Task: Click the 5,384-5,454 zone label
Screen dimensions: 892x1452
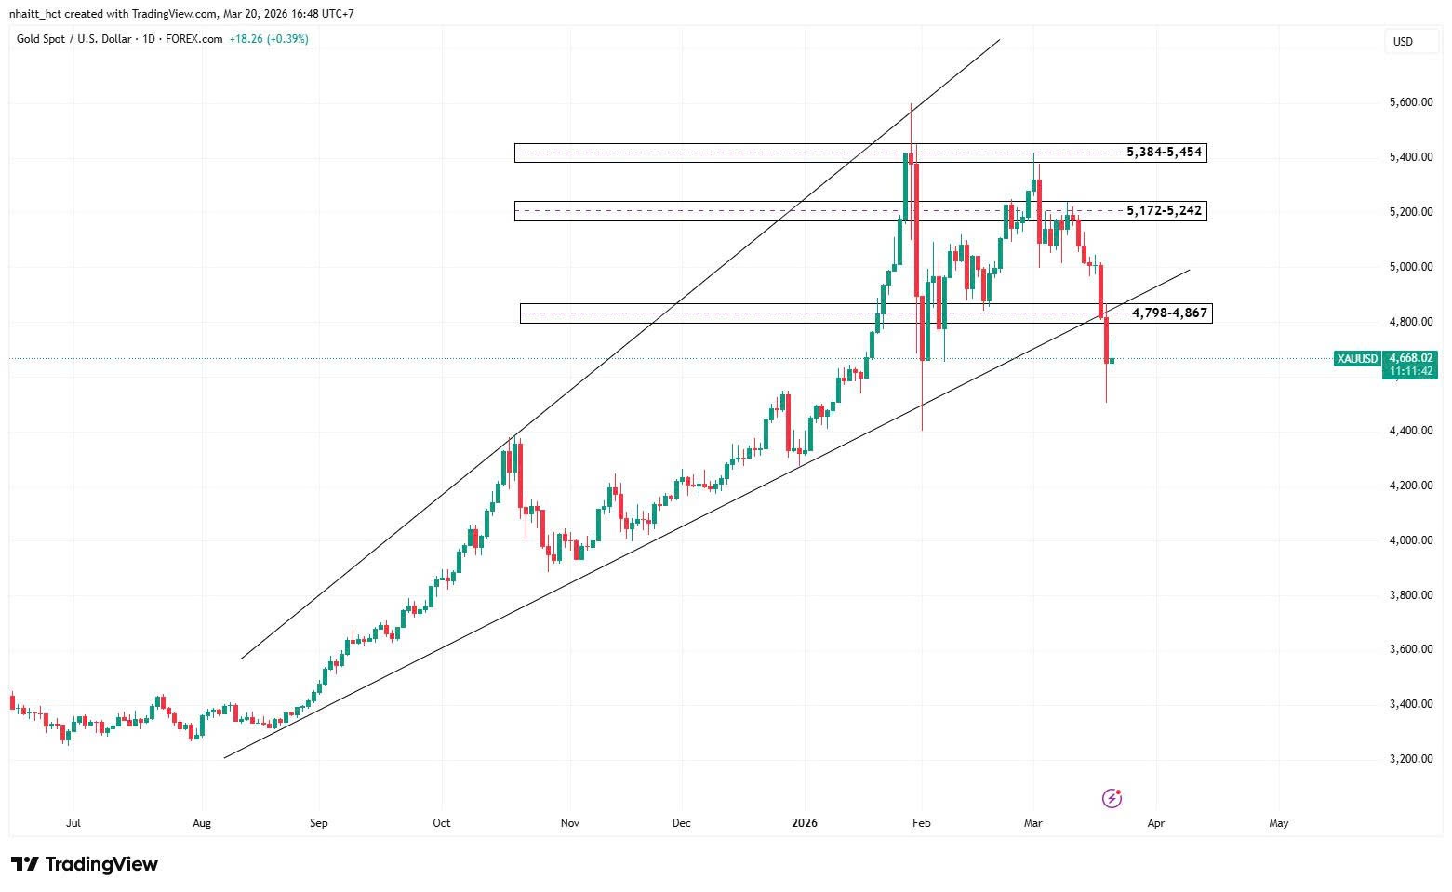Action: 1164,152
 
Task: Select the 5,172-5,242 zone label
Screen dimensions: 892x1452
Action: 1164,211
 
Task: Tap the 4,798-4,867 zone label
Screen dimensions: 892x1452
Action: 1169,313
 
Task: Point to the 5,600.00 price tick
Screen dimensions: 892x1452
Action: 1409,102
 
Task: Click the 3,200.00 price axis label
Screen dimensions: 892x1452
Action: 1409,759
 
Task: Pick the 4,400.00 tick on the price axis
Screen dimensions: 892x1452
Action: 1409,431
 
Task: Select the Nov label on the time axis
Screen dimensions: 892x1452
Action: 570,823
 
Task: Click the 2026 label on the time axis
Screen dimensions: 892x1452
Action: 804,823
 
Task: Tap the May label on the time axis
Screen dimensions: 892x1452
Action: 1279,823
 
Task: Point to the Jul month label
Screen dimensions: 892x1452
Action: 73,823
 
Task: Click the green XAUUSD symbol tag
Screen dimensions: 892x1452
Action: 1357,358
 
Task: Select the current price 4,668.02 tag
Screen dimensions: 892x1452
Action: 1410,357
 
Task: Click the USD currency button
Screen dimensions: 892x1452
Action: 1402,42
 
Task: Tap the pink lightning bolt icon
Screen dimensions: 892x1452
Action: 1112,798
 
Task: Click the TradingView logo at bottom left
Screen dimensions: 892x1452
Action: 85,864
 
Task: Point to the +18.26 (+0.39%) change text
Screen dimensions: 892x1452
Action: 269,39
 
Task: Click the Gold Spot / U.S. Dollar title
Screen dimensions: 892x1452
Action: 75,39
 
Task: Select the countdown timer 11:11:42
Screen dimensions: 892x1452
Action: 1410,371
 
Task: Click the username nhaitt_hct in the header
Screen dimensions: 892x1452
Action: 35,14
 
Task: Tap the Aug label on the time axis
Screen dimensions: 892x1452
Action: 202,823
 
